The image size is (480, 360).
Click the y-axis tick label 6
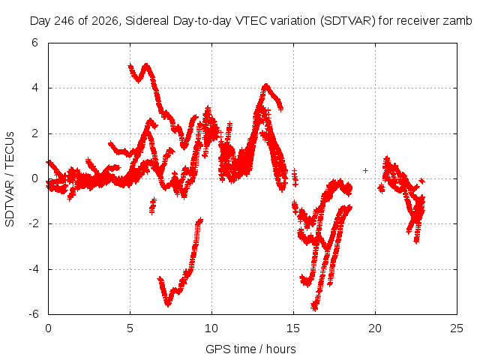(34, 43)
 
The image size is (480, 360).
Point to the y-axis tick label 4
(34, 88)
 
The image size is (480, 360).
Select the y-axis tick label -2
(33, 223)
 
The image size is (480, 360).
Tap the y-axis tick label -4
(33, 269)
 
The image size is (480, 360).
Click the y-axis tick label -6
(33, 314)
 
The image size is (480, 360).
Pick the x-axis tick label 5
(130, 328)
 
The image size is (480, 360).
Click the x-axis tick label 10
(211, 328)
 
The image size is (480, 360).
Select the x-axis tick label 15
(293, 328)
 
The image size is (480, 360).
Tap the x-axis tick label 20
(375, 328)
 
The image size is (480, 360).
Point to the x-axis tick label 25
(457, 328)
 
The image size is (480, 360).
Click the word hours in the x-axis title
(281, 349)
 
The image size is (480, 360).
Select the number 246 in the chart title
(64, 21)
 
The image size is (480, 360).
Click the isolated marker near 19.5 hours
(365, 170)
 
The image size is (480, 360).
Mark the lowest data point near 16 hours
(314, 307)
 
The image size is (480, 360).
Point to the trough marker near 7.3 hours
(168, 304)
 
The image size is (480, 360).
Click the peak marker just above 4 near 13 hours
(266, 85)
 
